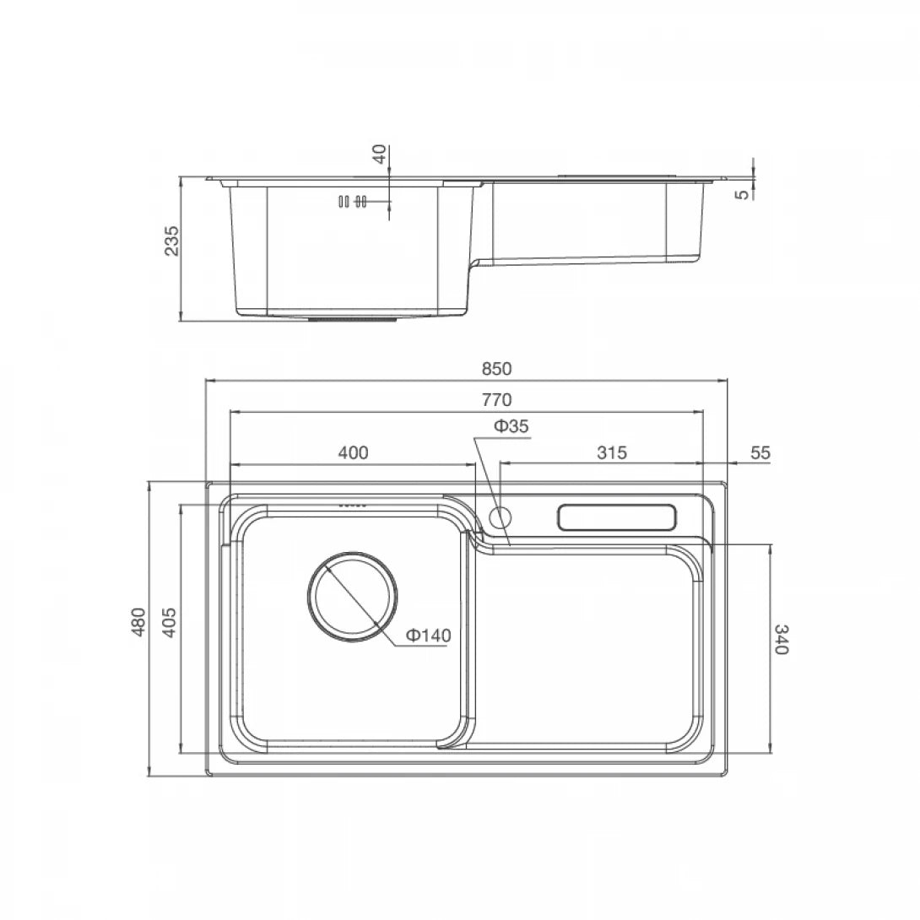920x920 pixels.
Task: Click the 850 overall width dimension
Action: [x=497, y=369]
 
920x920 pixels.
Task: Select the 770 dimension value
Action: [x=497, y=399]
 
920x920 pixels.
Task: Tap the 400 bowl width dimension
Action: [x=353, y=452]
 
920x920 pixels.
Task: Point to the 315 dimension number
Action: [x=611, y=452]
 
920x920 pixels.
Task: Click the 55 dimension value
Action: [x=760, y=452]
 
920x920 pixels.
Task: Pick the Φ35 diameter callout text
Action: [x=511, y=427]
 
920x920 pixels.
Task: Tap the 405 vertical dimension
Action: [x=169, y=622]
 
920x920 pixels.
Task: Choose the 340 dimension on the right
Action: [x=780, y=640]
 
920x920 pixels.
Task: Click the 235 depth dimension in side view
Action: [x=171, y=241]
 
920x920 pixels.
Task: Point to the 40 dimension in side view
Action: [x=380, y=154]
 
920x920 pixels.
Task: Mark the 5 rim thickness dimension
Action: [x=742, y=193]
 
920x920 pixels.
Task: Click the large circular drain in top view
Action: [x=352, y=597]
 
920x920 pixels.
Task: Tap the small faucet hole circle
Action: [x=501, y=516]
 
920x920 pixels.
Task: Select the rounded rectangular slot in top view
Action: [x=617, y=517]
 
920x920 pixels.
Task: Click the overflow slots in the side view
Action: [x=351, y=202]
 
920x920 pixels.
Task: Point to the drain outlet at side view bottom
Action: [x=352, y=319]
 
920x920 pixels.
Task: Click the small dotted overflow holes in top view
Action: [x=352, y=505]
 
